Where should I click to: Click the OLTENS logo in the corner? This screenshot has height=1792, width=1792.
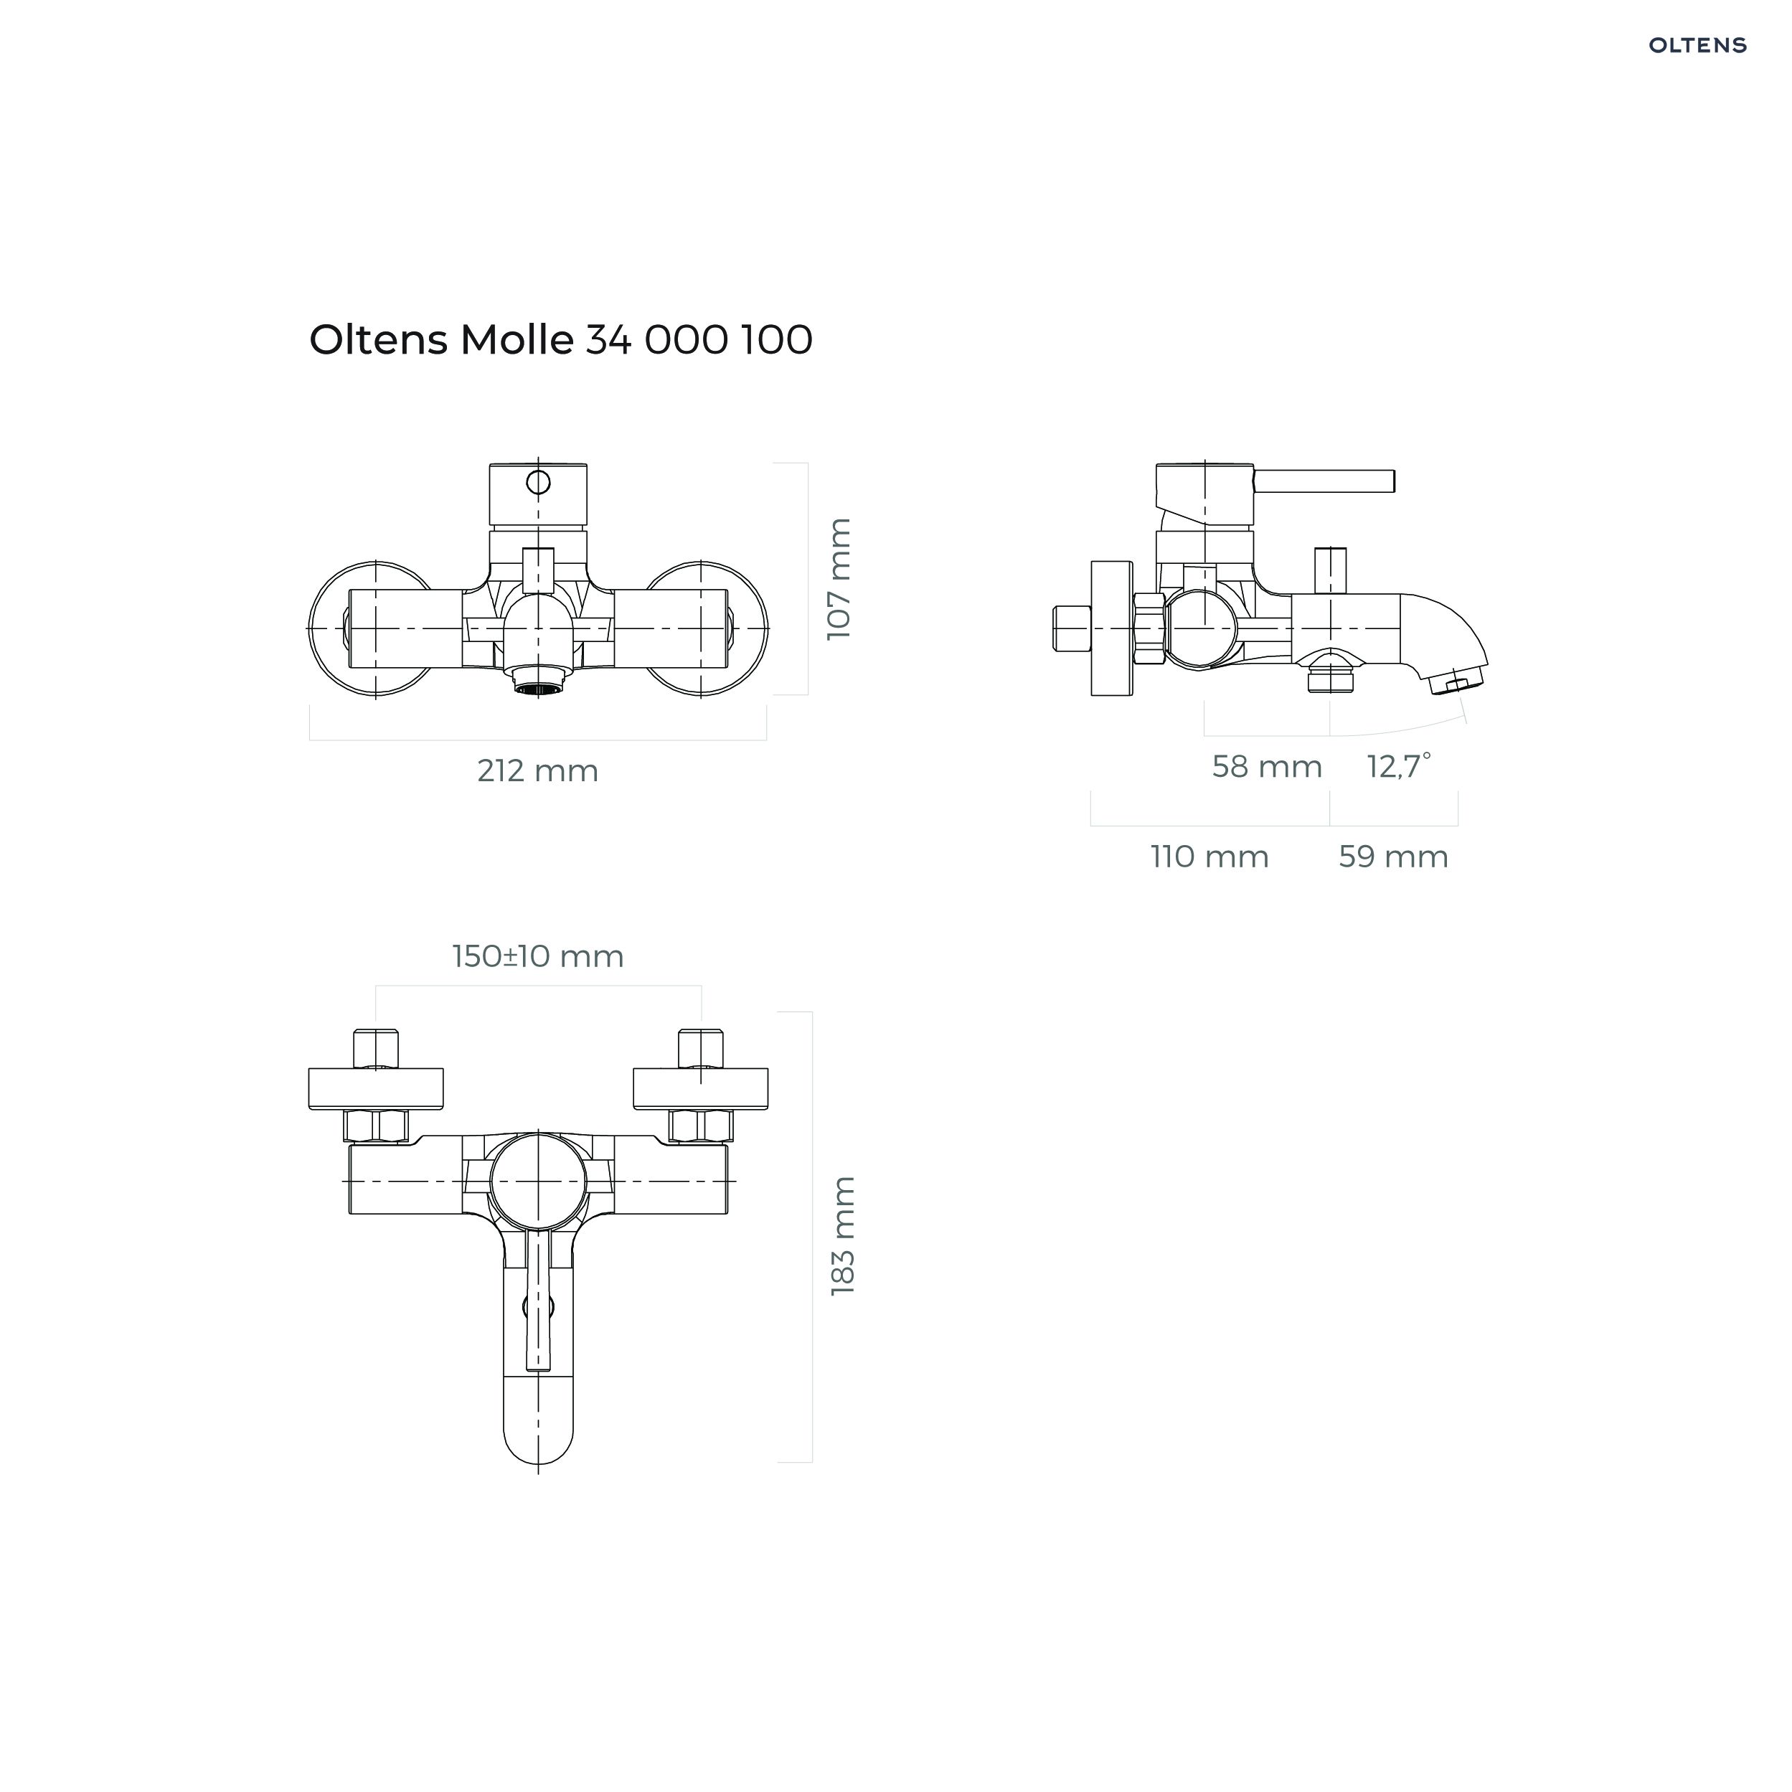pyautogui.click(x=1697, y=44)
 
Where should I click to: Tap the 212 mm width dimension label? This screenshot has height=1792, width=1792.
pyautogui.click(x=538, y=770)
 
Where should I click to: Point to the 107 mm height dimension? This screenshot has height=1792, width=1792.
pyautogui.click(x=839, y=579)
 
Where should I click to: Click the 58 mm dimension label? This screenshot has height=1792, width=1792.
pyautogui.click(x=1267, y=767)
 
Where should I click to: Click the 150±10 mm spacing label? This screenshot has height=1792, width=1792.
pyautogui.click(x=538, y=956)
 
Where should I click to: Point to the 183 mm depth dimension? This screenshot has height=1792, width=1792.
pyautogui.click(x=843, y=1237)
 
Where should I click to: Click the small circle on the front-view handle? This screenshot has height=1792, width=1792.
pyautogui.click(x=538, y=482)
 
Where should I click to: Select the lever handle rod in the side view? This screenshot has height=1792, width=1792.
pyautogui.click(x=1324, y=481)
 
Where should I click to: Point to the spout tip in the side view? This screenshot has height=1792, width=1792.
pyautogui.click(x=1459, y=685)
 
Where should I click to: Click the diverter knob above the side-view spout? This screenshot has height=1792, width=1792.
pyautogui.click(x=1330, y=570)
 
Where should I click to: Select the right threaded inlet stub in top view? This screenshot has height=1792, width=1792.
pyautogui.click(x=701, y=1049)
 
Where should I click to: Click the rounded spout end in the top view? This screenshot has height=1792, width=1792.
pyautogui.click(x=538, y=1434)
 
